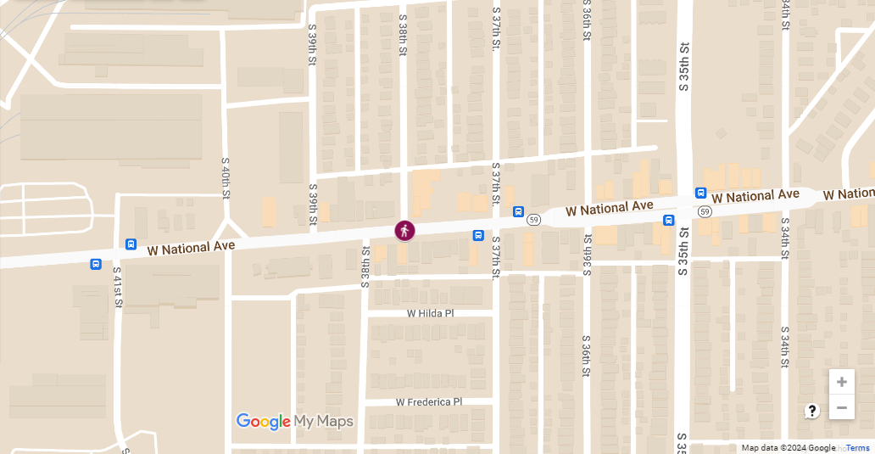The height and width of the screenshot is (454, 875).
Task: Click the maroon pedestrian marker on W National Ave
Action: pos(405,230)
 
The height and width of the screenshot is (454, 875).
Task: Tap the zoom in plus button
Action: pos(841,382)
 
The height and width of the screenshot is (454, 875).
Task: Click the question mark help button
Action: pos(812,412)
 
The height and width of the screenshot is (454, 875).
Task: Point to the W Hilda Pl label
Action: pos(431,313)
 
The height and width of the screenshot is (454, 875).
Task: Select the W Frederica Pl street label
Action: pos(429,402)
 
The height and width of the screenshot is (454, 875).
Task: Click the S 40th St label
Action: pos(226,177)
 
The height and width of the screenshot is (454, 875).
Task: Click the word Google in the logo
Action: pos(263,422)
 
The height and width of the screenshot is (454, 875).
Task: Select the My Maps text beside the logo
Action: pos(324,422)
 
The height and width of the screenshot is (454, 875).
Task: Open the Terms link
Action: pos(857,448)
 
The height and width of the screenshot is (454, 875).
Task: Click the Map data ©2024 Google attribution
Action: pos(788,448)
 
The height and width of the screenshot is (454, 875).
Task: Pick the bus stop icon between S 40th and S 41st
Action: pos(131,244)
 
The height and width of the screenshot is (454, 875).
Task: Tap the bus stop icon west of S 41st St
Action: pos(96,264)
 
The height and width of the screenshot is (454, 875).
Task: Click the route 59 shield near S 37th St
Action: pos(533,220)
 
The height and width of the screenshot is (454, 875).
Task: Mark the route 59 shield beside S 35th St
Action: pos(704,211)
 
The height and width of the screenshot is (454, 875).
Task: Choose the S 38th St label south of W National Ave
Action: pos(365,267)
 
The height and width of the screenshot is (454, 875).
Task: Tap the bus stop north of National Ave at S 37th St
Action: pos(518,212)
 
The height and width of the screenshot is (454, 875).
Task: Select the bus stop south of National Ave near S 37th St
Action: pos(478,235)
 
